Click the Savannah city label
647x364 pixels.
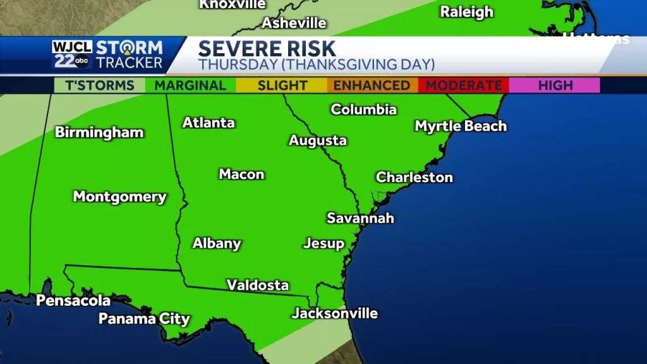tap(360, 218)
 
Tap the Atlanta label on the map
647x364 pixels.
tap(209, 123)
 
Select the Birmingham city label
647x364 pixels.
tap(99, 133)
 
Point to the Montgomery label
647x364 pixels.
tap(119, 197)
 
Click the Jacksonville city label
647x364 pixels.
tap(334, 313)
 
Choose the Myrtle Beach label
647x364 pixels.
tap(461, 126)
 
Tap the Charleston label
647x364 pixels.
tap(414, 177)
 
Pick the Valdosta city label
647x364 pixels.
tap(257, 285)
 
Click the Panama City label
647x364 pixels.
tap(144, 318)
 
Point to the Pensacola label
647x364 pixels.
tap(73, 300)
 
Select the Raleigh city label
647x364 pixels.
tap(466, 11)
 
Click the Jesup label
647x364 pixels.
tap(323, 243)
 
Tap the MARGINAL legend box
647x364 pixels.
tap(190, 85)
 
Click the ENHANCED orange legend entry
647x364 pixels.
tap(372, 85)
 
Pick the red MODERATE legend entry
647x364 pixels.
tap(464, 85)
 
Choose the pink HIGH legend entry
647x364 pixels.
tap(555, 85)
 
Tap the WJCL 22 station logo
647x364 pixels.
tap(73, 54)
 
